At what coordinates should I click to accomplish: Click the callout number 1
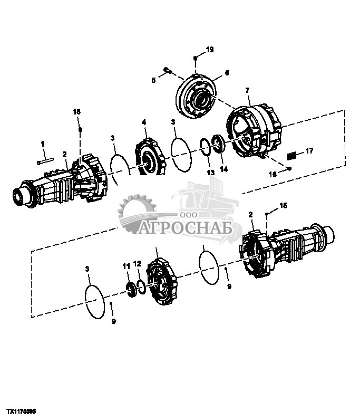pos(43,143)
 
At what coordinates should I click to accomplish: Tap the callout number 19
pos(209,50)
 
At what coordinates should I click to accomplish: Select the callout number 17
pos(309,151)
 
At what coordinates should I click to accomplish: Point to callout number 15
pos(283,205)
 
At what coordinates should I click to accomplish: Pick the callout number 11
pos(126,267)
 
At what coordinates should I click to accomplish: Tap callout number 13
pos(210,173)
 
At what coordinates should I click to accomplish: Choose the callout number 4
pos(143,122)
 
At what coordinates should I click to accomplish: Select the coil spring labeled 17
pos(294,155)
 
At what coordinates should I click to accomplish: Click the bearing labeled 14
pos(218,145)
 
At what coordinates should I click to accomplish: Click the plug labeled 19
pos(196,58)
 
